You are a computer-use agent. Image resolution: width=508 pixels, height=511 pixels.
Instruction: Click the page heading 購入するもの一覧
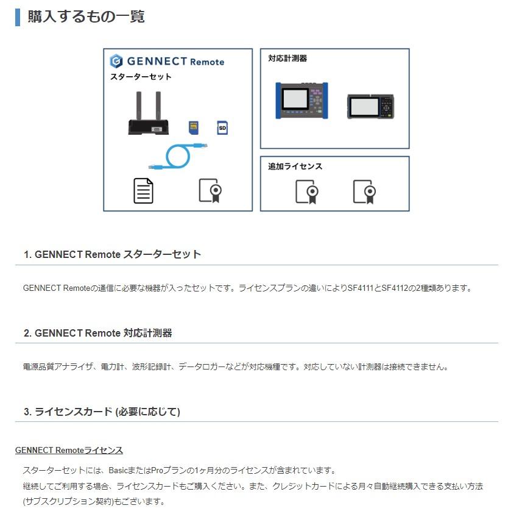pos(86,16)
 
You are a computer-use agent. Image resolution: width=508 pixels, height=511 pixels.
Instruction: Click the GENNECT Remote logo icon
pos(116,61)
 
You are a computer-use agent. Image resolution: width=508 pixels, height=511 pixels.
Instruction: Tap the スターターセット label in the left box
pos(141,77)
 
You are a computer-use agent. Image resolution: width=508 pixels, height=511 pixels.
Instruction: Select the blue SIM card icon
pos(194,127)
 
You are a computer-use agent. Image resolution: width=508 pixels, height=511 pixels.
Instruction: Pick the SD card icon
pos(222,128)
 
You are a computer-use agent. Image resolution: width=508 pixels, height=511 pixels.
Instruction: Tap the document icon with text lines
pos(144,190)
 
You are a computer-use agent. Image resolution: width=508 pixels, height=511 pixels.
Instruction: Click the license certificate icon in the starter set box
pos(210,190)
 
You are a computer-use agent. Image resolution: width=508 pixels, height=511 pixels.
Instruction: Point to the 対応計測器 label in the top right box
pos(288,59)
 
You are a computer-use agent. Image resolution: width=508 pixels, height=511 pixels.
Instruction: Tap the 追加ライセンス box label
pos(295,166)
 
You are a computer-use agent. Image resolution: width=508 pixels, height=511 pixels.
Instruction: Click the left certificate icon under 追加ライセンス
pos(307,191)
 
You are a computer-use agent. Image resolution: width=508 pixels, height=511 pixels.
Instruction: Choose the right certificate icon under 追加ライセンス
pos(364,191)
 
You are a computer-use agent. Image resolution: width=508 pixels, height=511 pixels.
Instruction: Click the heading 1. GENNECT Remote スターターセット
pos(112,254)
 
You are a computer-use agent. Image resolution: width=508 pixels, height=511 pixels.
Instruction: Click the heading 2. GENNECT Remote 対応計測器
pos(97,333)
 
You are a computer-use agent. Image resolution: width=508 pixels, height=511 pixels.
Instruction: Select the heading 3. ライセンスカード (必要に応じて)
pos(102,412)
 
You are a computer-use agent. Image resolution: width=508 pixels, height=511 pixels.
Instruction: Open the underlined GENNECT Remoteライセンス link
pos(69,450)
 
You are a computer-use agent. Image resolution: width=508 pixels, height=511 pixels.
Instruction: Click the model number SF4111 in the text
pos(360,288)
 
